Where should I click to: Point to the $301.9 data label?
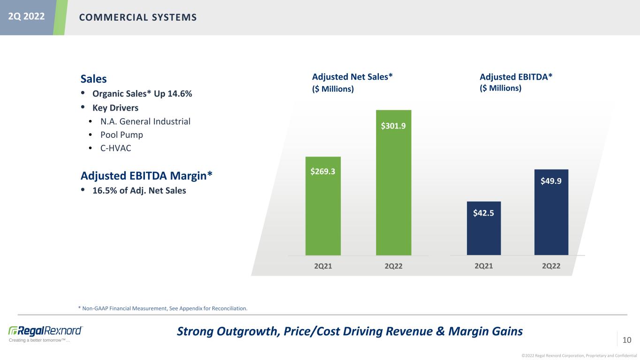pyautogui.click(x=393, y=126)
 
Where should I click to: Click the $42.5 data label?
pyautogui.click(x=483, y=213)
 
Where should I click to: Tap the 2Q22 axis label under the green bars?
pyautogui.click(x=394, y=266)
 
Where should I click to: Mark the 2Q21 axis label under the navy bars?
pyautogui.click(x=484, y=266)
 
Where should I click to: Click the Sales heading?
pyautogui.click(x=94, y=79)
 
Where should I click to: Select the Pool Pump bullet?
pyautogui.click(x=121, y=135)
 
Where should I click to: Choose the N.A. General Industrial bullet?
pyautogui.click(x=145, y=122)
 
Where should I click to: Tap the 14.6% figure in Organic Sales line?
pyautogui.click(x=179, y=94)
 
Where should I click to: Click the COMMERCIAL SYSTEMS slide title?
pyautogui.click(x=137, y=17)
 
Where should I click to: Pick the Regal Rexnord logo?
pyautogui.click(x=45, y=330)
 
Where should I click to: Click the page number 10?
pyautogui.click(x=627, y=339)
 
